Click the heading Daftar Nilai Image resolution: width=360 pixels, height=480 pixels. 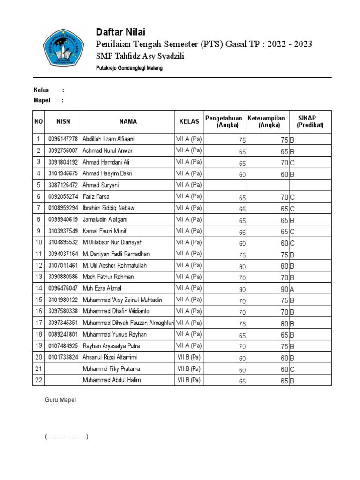coord(120,32)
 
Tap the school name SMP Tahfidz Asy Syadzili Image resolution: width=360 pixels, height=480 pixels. coord(140,56)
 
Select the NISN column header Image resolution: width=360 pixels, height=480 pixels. coord(63,121)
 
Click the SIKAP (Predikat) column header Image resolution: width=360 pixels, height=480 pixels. coord(310,121)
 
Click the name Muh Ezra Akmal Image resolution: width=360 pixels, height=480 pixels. coord(102,288)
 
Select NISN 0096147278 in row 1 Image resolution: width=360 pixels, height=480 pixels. coord(63,140)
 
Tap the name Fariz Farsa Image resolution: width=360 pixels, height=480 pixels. coord(96,197)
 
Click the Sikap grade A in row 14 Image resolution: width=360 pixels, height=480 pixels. coord(292,289)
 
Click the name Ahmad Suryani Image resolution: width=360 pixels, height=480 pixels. coord(101,185)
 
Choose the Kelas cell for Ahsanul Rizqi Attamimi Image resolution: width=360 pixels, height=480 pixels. coord(189,357)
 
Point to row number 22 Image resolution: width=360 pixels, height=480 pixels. coord(38,380)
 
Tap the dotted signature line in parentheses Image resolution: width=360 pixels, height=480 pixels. coord(67,437)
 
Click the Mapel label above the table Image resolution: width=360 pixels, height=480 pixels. coord(41,100)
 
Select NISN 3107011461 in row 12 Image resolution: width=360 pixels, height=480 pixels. coord(63,265)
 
